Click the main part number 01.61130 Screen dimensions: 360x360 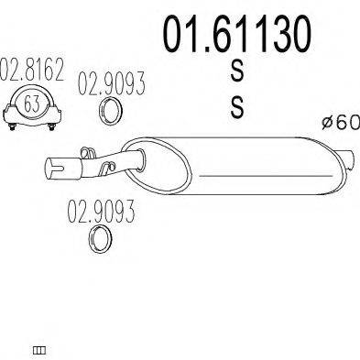[237, 34]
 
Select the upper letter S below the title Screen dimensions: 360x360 [237, 71]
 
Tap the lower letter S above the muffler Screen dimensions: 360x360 [237, 107]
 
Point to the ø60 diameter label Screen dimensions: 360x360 [341, 123]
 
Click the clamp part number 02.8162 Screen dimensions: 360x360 [32, 69]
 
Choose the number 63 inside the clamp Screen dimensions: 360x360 [32, 104]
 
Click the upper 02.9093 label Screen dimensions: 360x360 [112, 83]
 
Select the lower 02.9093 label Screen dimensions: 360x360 [101, 212]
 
